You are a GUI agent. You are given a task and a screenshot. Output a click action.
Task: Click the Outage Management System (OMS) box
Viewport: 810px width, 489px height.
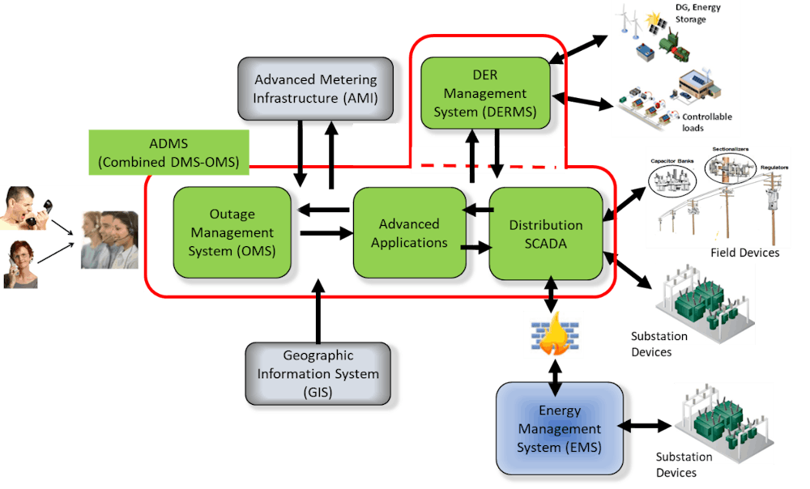click(x=232, y=233)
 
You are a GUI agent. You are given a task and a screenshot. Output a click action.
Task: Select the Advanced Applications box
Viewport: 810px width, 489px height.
click(x=409, y=233)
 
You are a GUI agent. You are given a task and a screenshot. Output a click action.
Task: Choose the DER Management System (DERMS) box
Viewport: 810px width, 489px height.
click(x=485, y=94)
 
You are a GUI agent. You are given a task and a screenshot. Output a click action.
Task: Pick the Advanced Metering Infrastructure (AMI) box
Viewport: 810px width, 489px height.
click(x=316, y=91)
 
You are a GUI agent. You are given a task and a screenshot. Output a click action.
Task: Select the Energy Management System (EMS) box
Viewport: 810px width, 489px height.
click(x=560, y=429)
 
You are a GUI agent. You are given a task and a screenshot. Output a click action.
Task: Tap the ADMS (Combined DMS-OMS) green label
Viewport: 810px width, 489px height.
click(x=168, y=153)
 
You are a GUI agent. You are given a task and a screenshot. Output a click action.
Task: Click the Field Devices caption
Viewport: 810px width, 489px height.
click(x=744, y=253)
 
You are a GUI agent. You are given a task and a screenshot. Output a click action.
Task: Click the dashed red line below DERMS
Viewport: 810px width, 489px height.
click(x=486, y=167)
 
